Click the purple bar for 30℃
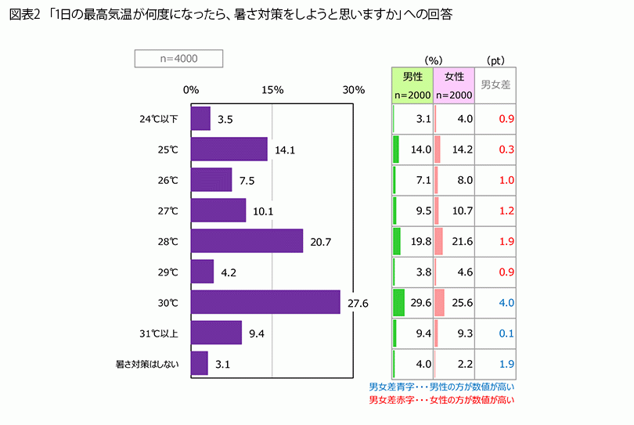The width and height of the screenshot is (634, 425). coord(265,302)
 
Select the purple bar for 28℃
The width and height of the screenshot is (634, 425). coord(247,241)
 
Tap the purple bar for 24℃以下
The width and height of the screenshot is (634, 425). coord(200,119)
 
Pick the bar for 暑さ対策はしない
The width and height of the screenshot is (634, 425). coord(199,363)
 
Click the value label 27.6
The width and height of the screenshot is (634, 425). coord(358,302)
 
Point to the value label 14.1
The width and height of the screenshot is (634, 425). coord(285,149)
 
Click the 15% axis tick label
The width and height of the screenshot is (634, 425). coord(272,89)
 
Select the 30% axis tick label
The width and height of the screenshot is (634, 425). coord(354,89)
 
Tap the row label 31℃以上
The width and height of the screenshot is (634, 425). coord(159,333)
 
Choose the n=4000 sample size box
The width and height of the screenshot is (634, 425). coord(178,59)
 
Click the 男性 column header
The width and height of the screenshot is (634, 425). coord(412,77)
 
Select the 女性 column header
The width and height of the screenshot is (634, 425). coord(454,77)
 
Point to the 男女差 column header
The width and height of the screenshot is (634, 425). coord(495,85)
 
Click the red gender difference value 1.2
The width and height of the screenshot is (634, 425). coord(506,211)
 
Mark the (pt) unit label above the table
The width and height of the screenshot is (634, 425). coord(495,59)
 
